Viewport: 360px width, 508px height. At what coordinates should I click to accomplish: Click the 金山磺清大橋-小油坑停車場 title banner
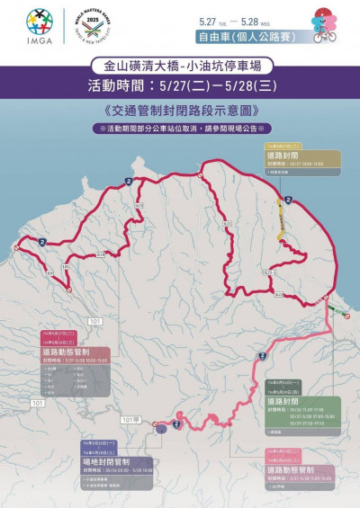pyautogui.click(x=180, y=67)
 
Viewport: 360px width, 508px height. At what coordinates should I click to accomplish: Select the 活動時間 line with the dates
pyautogui.click(x=179, y=88)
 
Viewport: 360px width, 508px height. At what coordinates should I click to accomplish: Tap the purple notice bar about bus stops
pyautogui.click(x=179, y=129)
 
